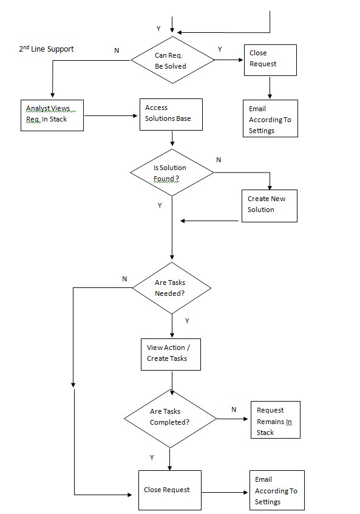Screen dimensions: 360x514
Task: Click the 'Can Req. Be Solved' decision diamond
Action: pos(172,60)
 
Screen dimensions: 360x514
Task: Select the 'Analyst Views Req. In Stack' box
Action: pos(52,115)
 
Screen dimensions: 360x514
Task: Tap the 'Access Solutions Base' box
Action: pos(171,114)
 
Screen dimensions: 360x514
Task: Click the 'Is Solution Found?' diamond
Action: pos(172,173)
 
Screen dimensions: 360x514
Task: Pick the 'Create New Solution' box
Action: pos(270,206)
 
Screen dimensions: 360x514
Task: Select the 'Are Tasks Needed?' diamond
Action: pos(172,288)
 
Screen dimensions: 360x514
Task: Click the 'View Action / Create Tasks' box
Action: pos(171,354)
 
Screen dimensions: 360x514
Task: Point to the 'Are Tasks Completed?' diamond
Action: pos(171,419)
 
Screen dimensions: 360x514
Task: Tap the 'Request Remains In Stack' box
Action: pos(276,420)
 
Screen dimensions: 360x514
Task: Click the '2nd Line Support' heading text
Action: pos(46,49)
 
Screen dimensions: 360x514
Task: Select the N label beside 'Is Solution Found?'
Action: pos(219,160)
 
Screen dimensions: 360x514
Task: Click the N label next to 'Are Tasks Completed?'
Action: pos(234,409)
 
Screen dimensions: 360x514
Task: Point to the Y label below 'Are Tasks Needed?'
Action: pos(187,321)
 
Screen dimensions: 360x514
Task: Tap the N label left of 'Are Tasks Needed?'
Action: pos(124,279)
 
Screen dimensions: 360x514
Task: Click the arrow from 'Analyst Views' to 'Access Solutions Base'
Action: pos(111,115)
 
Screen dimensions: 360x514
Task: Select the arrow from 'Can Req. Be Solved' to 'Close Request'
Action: pos(229,60)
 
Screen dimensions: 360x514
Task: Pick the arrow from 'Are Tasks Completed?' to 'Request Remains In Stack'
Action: pos(233,419)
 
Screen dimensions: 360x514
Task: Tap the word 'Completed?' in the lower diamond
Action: pos(170,422)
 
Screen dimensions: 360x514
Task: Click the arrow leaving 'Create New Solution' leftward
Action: pos(209,221)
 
